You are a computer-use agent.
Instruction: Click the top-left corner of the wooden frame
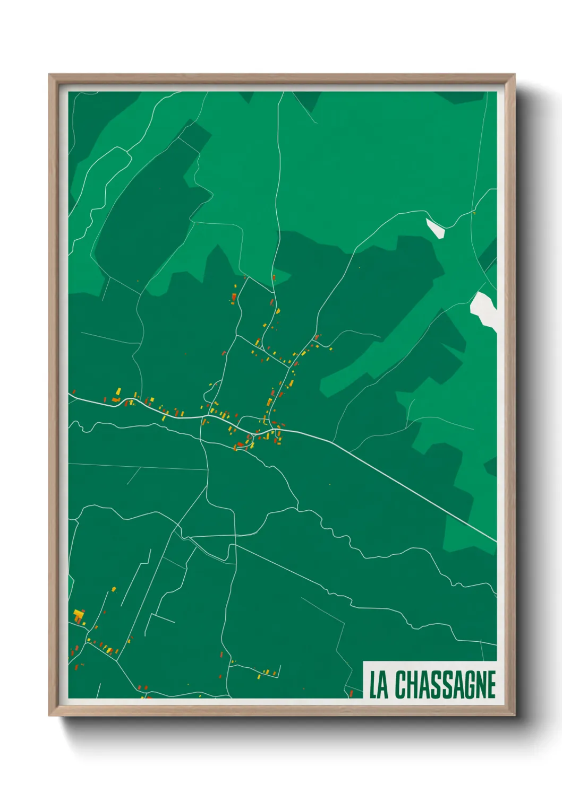[x=49, y=75]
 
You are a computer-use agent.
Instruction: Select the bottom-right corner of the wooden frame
[x=515, y=716]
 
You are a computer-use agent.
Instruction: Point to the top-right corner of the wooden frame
[x=515, y=75]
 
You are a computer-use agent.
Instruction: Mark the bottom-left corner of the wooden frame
[x=49, y=716]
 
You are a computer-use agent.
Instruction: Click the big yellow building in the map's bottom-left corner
[x=78, y=615]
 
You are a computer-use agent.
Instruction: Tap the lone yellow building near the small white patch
[x=474, y=213]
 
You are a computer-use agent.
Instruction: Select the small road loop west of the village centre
[x=210, y=392]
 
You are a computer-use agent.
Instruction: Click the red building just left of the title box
[x=351, y=693]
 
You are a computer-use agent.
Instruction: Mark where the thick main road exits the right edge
[x=496, y=541]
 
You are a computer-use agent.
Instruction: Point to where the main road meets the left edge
[x=70, y=394]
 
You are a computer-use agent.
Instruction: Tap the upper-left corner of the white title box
[x=363, y=662]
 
